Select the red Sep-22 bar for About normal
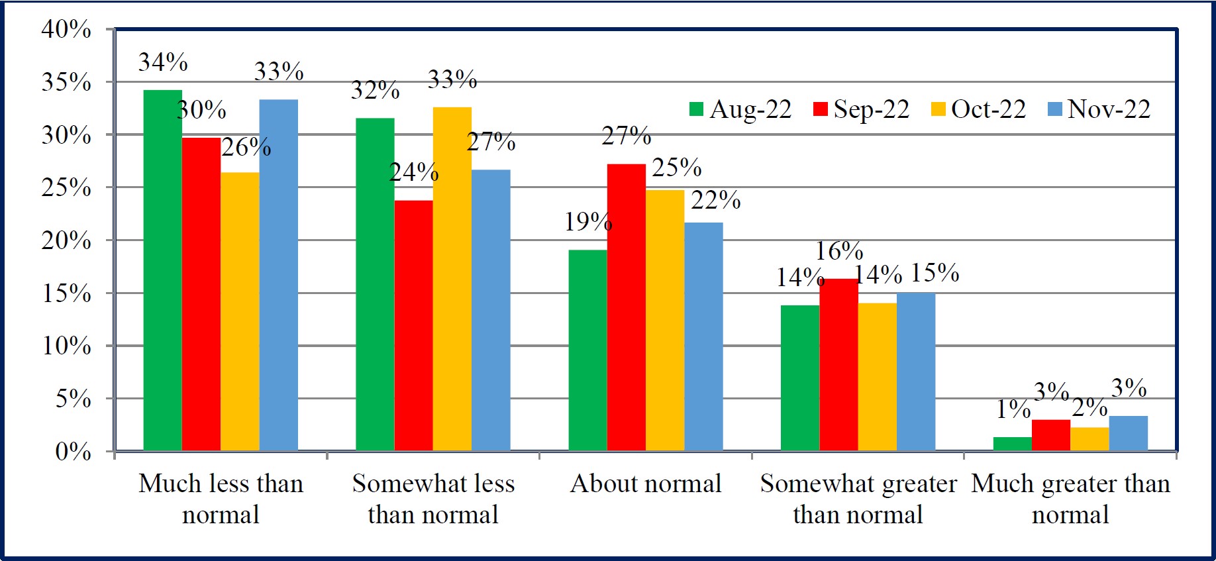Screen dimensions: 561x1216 coord(626,307)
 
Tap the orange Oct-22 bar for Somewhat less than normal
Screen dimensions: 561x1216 coord(452,279)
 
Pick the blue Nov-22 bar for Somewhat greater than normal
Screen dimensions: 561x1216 coord(916,372)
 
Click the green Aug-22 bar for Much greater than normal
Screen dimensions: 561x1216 coord(1012,444)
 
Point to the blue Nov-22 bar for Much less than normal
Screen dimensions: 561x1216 coord(278,275)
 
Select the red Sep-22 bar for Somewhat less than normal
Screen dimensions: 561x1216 coord(413,325)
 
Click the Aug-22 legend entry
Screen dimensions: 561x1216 coord(740,109)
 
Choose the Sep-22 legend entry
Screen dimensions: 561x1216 coord(862,109)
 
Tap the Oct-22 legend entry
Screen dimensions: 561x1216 coord(978,109)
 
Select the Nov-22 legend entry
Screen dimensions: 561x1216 coord(1099,109)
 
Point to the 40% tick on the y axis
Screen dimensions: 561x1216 coord(66,29)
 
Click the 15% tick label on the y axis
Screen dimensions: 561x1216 coord(66,293)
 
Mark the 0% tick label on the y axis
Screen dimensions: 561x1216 coord(73,452)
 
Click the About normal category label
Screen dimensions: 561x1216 coord(646,484)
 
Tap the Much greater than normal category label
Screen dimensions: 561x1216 coord(1070,499)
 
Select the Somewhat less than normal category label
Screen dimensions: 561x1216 coord(433,499)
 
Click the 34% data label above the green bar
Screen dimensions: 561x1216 coord(163,62)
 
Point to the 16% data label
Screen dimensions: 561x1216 coord(839,251)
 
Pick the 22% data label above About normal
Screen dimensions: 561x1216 coord(716,200)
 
